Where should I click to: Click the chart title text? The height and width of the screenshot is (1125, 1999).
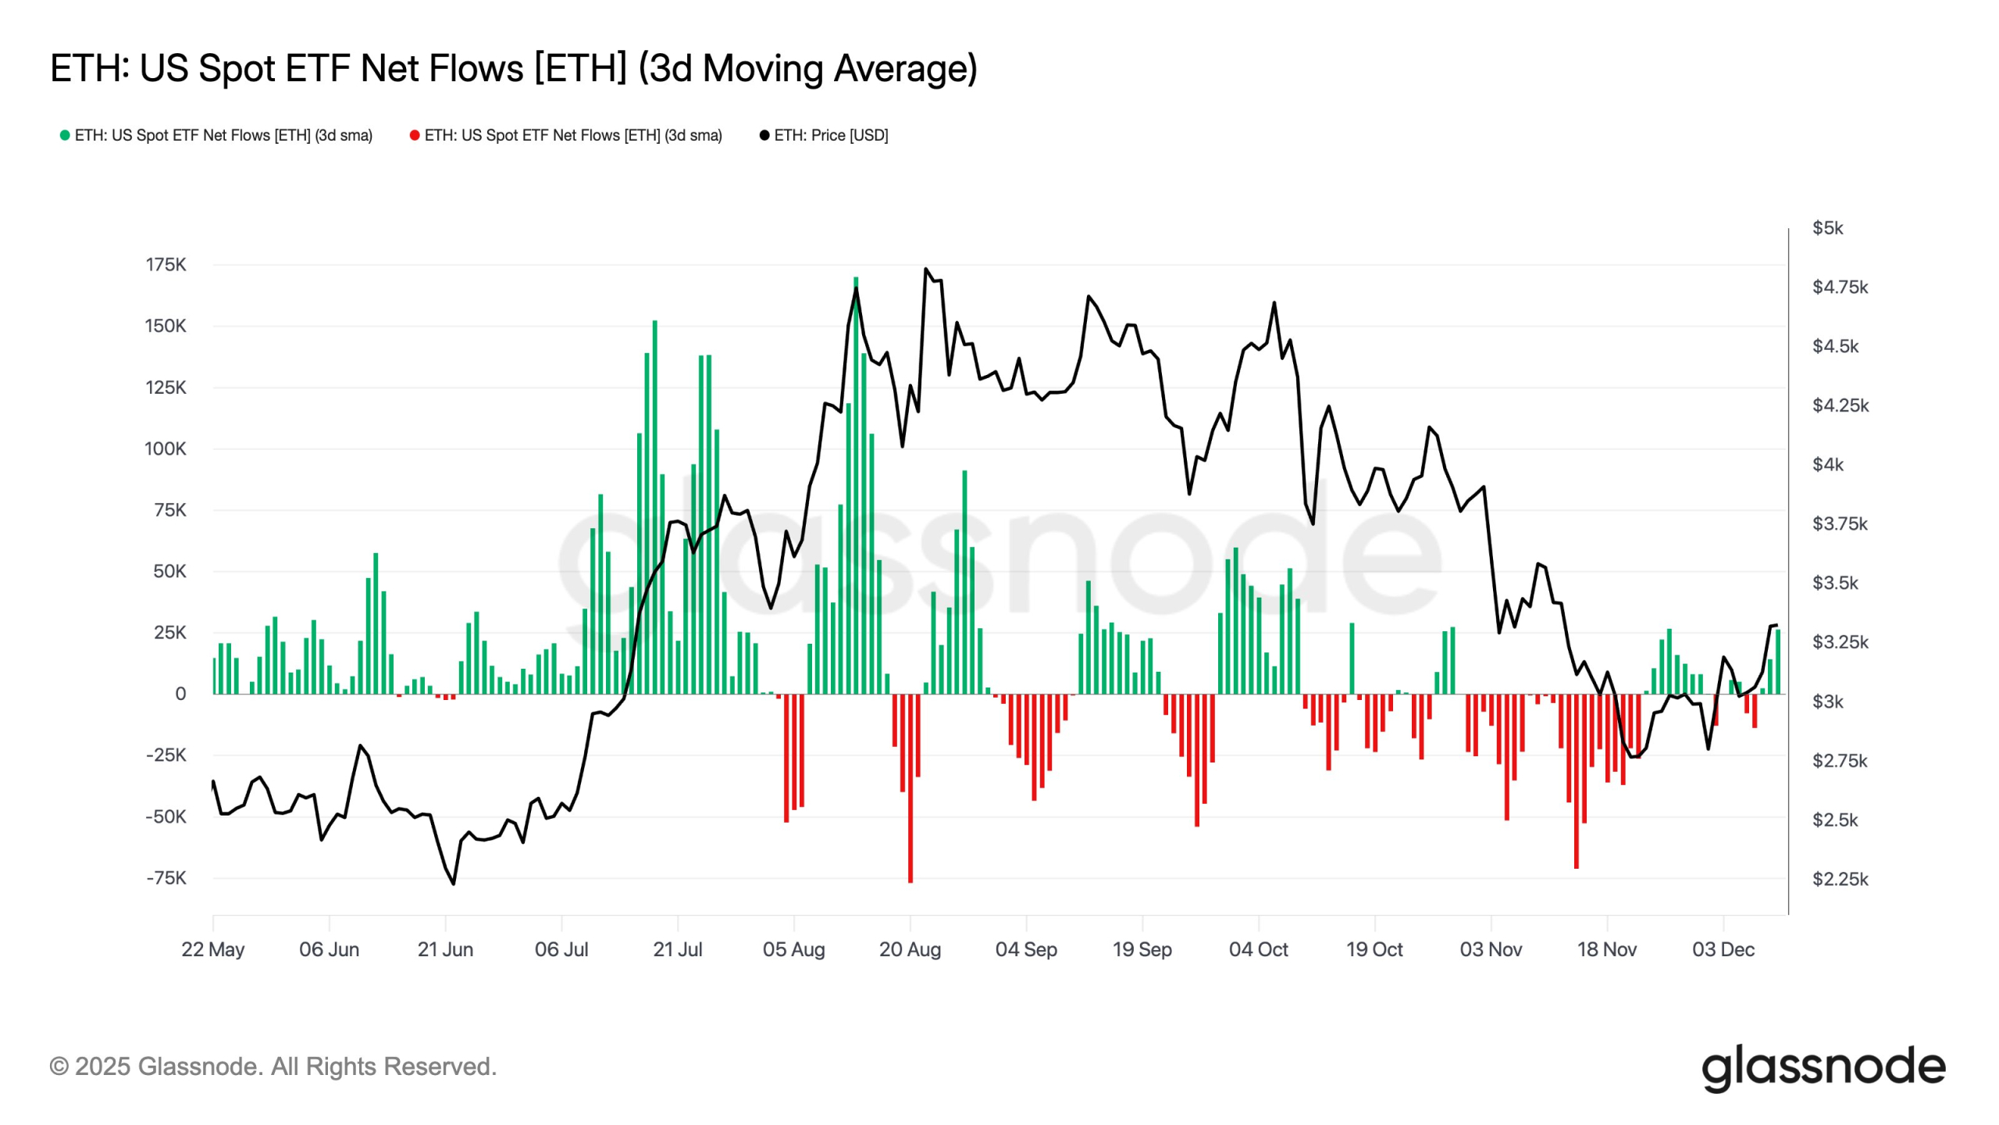[x=513, y=68]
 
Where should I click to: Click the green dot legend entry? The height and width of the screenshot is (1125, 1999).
[x=216, y=135]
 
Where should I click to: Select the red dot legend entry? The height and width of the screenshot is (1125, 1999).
[x=566, y=135]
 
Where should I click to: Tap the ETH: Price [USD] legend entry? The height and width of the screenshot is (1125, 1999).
[x=824, y=135]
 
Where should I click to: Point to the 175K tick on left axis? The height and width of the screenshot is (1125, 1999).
[x=166, y=265]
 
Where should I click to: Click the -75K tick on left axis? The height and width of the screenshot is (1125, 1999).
[x=166, y=878]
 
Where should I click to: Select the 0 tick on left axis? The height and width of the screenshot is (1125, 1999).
[x=180, y=694]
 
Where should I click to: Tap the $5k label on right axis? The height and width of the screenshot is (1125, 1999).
[x=1827, y=228]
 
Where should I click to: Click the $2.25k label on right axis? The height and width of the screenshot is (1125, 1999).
[x=1840, y=880]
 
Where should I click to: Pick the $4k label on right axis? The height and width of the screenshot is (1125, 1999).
[x=1827, y=465]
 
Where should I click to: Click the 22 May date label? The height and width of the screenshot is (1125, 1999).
[x=212, y=949]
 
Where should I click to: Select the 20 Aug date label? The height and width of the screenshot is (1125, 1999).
[x=910, y=949]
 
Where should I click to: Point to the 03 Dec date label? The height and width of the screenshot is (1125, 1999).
[x=1723, y=949]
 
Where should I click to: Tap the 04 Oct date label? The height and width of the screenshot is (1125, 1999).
[x=1258, y=949]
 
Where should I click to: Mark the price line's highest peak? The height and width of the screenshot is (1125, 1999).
[x=926, y=270]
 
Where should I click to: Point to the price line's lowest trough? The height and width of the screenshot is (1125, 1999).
[x=453, y=884]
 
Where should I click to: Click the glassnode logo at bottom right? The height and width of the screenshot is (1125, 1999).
[x=1823, y=1067]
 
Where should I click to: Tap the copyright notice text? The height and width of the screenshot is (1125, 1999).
[x=273, y=1066]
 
